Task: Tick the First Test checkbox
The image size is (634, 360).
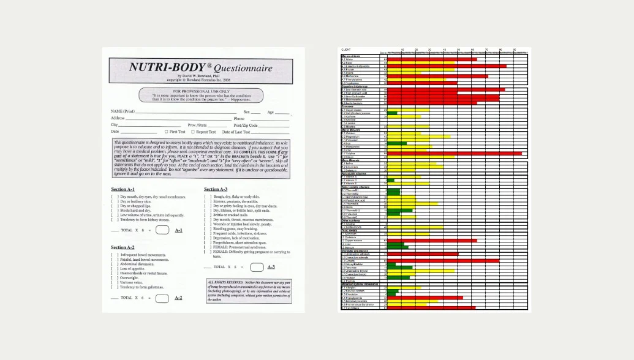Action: click(x=166, y=132)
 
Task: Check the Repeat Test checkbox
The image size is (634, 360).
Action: click(x=193, y=132)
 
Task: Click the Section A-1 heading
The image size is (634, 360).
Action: click(x=123, y=189)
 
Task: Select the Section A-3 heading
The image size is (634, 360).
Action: click(x=216, y=189)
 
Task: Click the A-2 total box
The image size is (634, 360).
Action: click(x=162, y=298)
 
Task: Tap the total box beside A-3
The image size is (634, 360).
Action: click(x=257, y=267)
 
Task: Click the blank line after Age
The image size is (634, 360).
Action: click(x=282, y=112)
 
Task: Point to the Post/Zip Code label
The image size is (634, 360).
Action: click(x=246, y=125)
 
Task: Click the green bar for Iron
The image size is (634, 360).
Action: click(x=397, y=143)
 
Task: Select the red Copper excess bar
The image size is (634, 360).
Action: click(x=432, y=241)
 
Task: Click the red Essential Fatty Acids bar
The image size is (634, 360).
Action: click(x=447, y=66)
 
